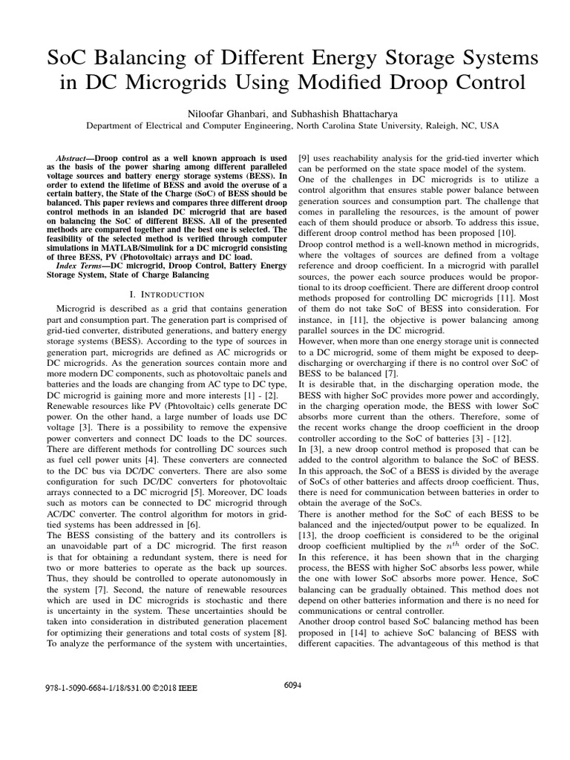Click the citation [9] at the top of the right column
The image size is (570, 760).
pyautogui.click(x=304, y=158)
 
